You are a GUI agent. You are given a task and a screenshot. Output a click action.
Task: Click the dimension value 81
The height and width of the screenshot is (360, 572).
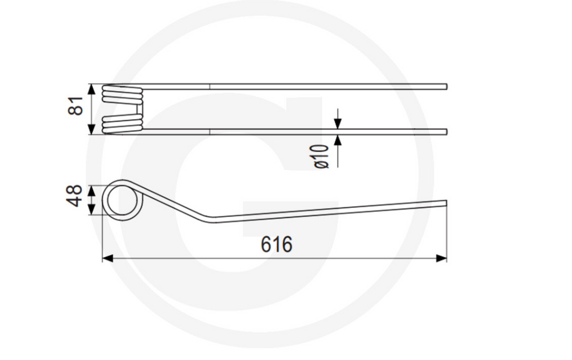pos(76,106)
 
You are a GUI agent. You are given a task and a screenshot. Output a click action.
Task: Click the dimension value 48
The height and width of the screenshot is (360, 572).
pos(75,196)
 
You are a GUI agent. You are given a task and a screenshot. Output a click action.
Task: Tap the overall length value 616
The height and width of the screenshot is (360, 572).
pos(277,244)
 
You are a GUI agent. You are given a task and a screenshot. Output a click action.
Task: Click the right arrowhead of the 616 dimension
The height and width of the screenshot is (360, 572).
pos(442,258)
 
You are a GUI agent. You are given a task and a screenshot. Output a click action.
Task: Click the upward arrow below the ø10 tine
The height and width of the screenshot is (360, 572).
pos(337,140)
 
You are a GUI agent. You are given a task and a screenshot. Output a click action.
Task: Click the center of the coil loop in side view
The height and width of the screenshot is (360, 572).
pos(122,200)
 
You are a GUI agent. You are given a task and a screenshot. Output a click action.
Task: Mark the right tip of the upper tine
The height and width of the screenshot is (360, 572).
pos(446,86)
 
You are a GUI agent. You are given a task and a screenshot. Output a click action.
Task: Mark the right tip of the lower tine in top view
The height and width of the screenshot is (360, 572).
pos(446,132)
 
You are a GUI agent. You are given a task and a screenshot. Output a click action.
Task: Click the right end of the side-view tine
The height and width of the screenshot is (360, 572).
pos(446,203)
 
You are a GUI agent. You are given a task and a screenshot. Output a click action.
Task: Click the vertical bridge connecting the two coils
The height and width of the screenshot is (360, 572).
pos(140,109)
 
